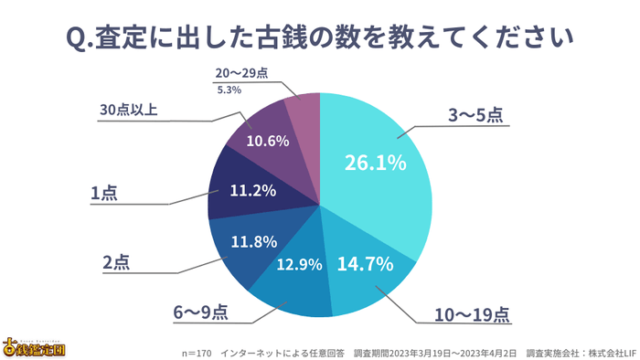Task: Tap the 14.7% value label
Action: (365, 265)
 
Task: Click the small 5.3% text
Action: (229, 90)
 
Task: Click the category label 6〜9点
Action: (200, 312)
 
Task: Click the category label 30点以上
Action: (129, 111)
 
